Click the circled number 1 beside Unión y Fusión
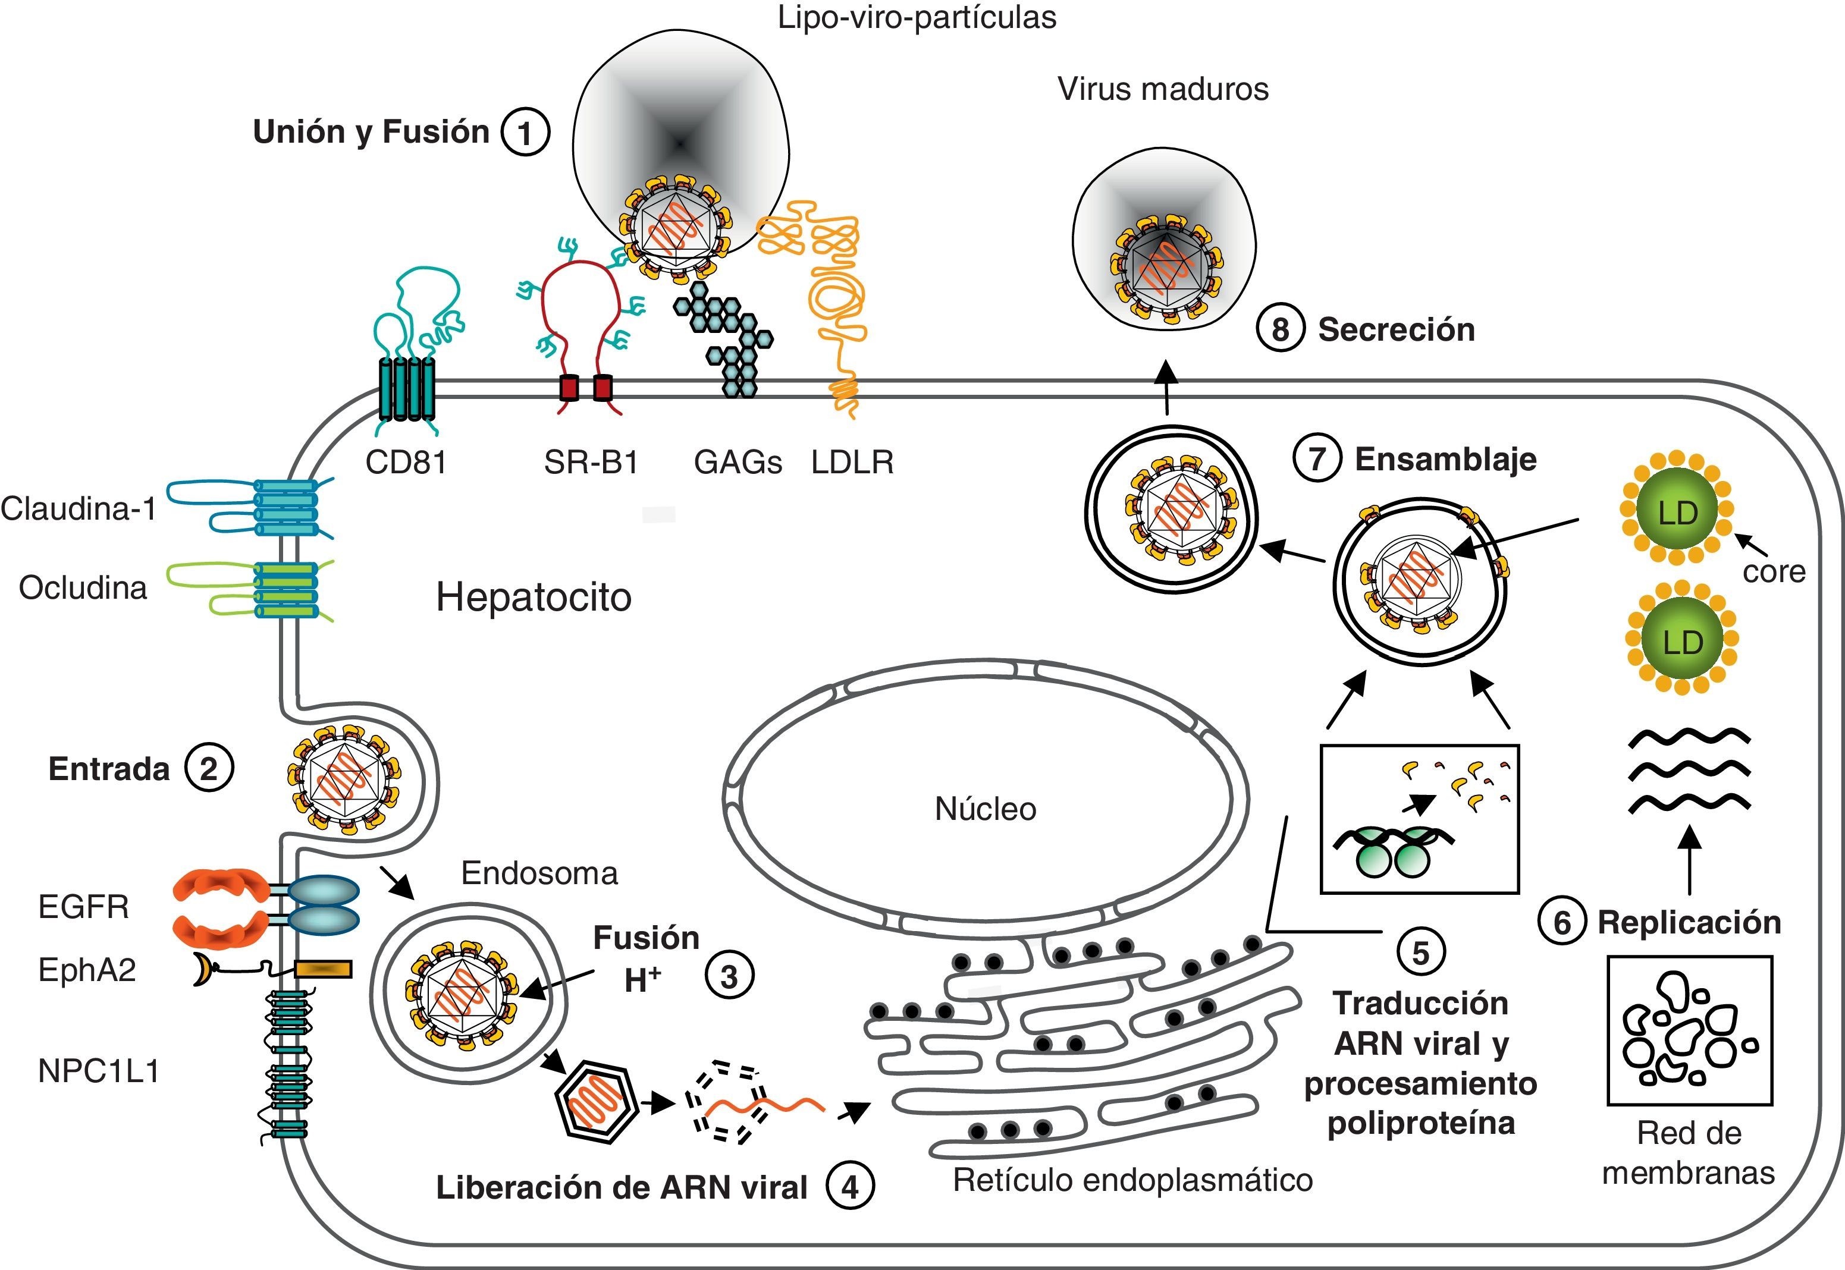click(x=525, y=133)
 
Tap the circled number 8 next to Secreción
click(x=1280, y=329)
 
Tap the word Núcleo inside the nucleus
click(x=986, y=809)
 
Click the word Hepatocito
click(x=534, y=597)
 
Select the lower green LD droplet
click(x=1681, y=642)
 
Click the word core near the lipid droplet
click(x=1774, y=571)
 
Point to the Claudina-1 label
click(x=79, y=508)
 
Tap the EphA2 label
click(x=87, y=970)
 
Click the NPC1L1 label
click(x=99, y=1071)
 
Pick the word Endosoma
click(x=539, y=873)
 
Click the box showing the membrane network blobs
click(x=1689, y=1030)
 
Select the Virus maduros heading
click(x=1162, y=89)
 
